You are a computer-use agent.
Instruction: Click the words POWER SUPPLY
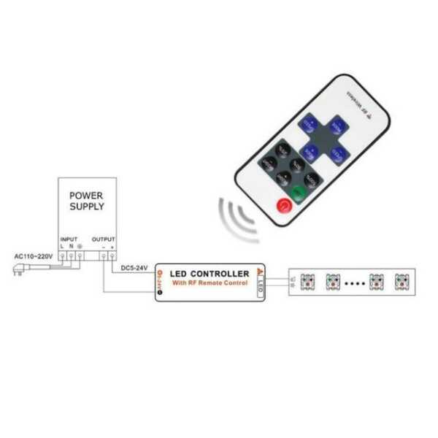87,201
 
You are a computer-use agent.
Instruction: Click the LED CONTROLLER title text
210,273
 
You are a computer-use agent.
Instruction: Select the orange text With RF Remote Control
210,283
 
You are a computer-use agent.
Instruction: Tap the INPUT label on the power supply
69,239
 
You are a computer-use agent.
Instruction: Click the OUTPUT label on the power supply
103,239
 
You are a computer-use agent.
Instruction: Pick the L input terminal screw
62,256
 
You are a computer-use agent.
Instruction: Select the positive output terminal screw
113,256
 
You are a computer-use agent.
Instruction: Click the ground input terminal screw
79,256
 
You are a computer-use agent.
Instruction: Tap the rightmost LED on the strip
401,280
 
